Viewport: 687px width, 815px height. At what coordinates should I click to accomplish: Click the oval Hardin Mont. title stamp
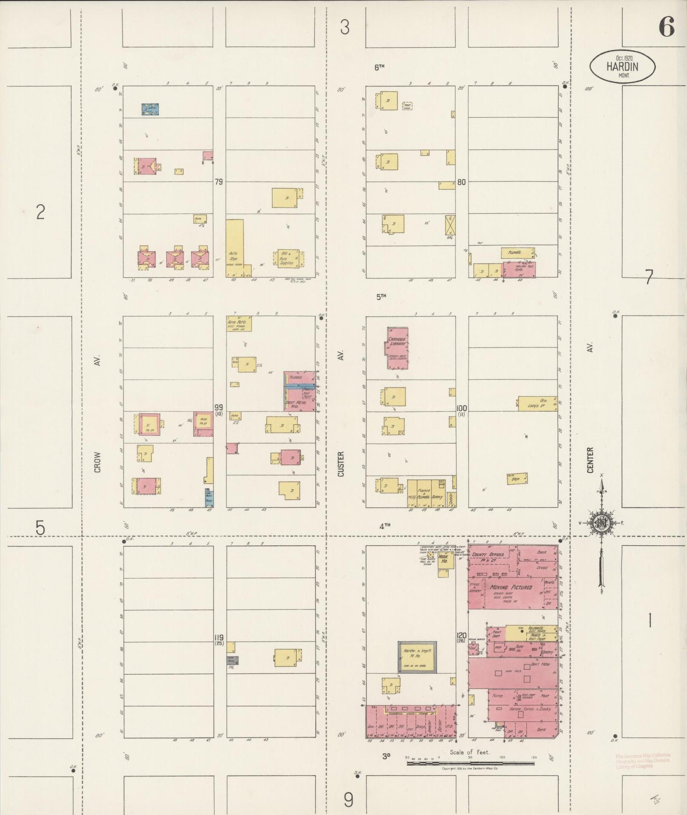pos(622,67)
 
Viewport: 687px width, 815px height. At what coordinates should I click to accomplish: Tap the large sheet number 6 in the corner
pos(667,27)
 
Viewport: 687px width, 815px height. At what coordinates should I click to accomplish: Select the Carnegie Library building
pos(397,348)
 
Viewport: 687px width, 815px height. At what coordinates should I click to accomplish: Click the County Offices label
pos(488,554)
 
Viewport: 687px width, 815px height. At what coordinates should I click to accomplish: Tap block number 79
pos(219,182)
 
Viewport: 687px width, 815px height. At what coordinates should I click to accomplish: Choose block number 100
pos(462,408)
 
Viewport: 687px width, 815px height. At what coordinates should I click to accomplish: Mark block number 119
pos(219,637)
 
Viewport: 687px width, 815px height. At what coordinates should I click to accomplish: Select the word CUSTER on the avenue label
pos(340,464)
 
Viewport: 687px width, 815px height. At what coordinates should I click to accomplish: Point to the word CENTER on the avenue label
pos(590,460)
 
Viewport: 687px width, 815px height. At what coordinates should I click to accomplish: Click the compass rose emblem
pos(601,523)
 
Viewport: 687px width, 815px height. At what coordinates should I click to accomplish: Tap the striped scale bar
pos(470,763)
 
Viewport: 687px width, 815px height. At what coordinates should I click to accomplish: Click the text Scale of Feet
pos(470,752)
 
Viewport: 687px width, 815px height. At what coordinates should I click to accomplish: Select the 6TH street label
pos(379,68)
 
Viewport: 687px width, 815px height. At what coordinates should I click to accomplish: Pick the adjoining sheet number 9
pos(348,801)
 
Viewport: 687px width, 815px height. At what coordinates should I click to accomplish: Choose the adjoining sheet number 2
pos(40,212)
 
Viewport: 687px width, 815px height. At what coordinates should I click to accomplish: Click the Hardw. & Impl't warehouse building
pos(417,657)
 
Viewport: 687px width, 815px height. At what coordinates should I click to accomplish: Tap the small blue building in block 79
pos(150,109)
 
